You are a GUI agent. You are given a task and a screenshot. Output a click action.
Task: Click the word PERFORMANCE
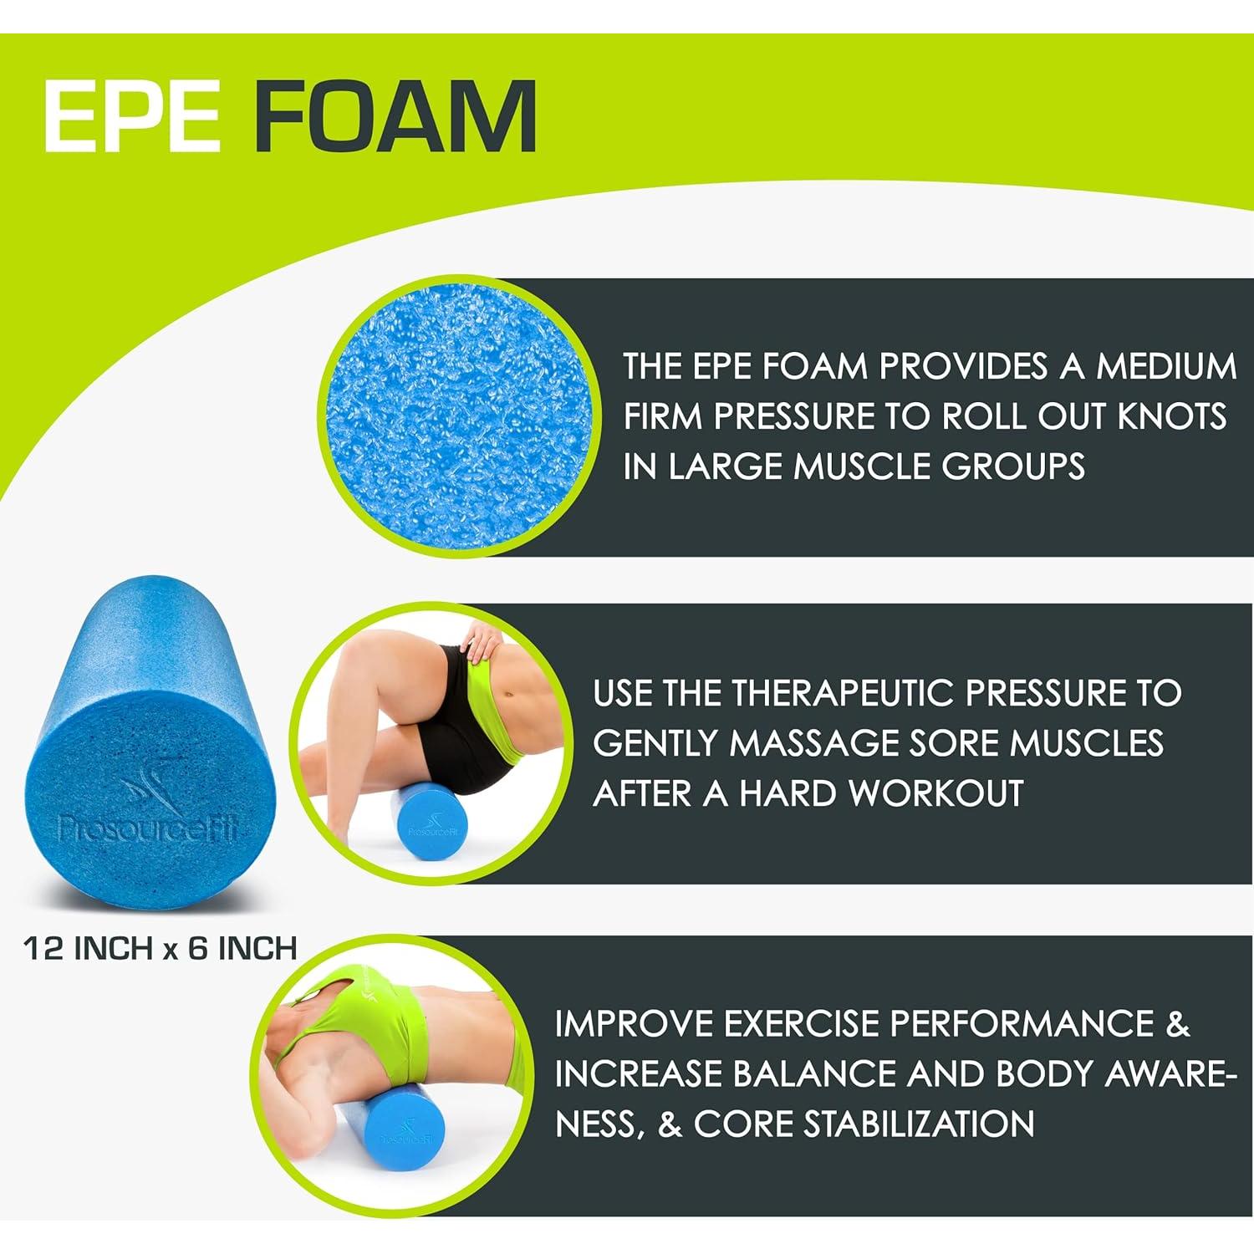coord(1021,1024)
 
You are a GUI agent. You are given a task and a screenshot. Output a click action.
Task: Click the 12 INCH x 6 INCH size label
coord(160,949)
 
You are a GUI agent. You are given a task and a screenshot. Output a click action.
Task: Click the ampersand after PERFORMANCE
coord(1178,1024)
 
